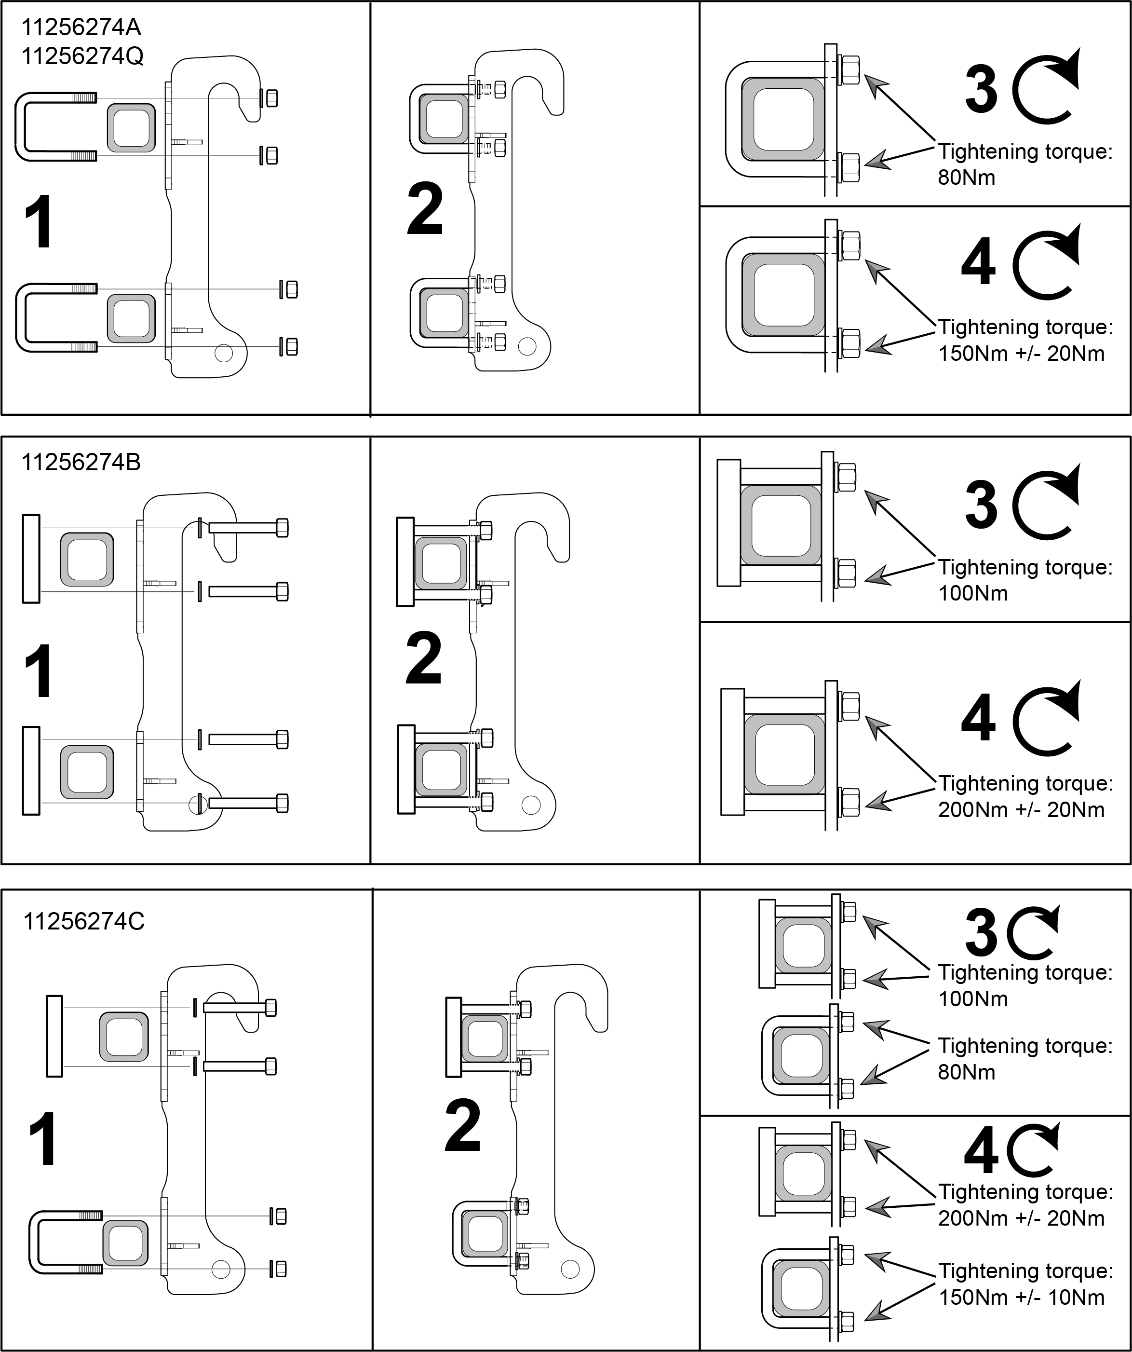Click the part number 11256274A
pyautogui.click(x=81, y=27)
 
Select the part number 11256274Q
pyautogui.click(x=82, y=56)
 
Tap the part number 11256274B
pyautogui.click(x=81, y=462)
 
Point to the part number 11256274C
pyautogui.click(x=84, y=921)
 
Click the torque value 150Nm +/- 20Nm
pyautogui.click(x=1021, y=354)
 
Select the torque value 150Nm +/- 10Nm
pyautogui.click(x=1021, y=1297)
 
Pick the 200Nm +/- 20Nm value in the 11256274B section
pyautogui.click(x=1021, y=809)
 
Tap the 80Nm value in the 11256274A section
pyautogui.click(x=967, y=177)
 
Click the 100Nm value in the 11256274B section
pyautogui.click(x=973, y=593)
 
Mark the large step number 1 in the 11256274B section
pyautogui.click(x=39, y=671)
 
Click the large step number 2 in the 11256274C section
pyautogui.click(x=463, y=1125)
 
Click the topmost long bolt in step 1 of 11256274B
pyautogui.click(x=248, y=528)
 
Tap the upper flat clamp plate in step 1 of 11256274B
pyautogui.click(x=31, y=559)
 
